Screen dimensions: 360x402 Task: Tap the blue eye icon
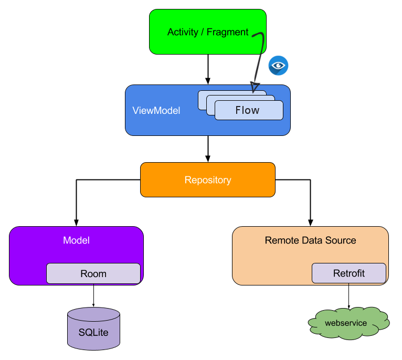279,66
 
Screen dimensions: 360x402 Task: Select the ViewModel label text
156,111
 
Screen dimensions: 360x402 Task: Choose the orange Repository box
208,180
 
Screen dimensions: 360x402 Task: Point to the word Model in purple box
77,240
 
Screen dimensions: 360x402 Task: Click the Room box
93,273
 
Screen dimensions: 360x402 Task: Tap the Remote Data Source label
310,240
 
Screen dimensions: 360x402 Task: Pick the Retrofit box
349,273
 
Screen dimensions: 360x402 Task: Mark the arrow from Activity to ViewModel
208,68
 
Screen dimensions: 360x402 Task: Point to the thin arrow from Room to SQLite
93,295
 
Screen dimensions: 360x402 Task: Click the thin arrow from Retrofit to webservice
349,297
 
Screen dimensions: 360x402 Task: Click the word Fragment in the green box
228,32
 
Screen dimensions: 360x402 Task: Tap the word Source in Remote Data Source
342,240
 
